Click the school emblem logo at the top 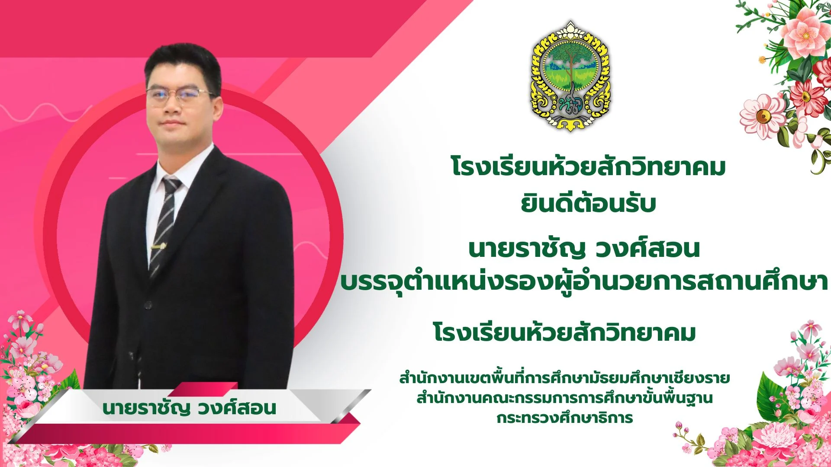[570, 76]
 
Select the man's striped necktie [165, 225]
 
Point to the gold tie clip [158, 246]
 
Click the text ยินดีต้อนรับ [588, 204]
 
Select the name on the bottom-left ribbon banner [189, 408]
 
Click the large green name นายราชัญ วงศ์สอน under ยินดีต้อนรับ [584, 249]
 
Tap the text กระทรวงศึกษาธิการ [564, 418]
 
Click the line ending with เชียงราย [564, 378]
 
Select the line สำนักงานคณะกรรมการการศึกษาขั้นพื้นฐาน [564, 398]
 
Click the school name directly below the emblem [588, 167]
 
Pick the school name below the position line [564, 333]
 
